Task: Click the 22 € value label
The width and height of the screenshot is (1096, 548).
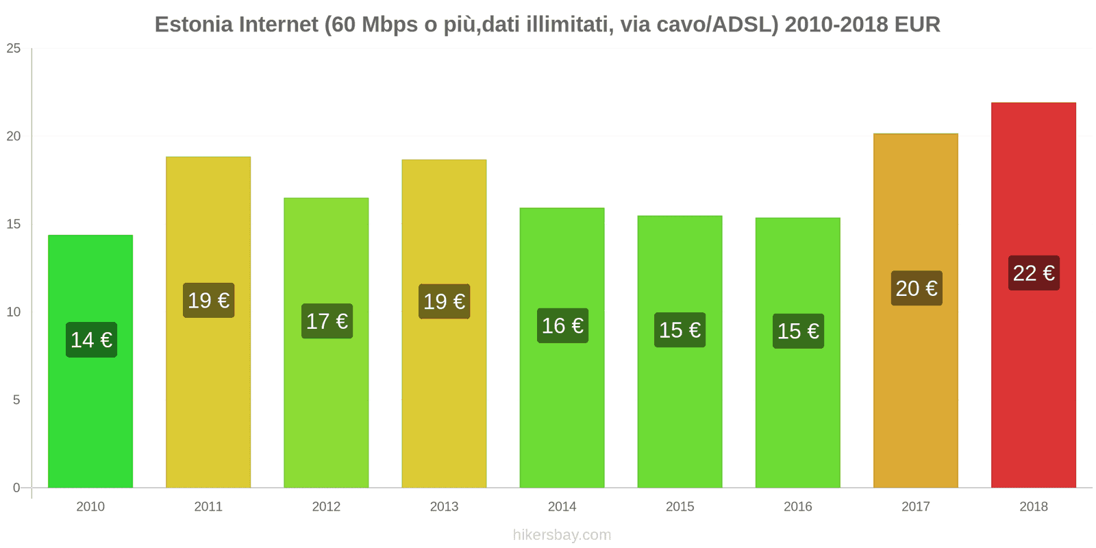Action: coord(1034,273)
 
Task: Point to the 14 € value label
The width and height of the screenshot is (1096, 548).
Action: coord(91,340)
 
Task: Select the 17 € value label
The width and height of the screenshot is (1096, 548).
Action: coord(327,321)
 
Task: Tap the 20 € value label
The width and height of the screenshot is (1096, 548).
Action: coord(916,288)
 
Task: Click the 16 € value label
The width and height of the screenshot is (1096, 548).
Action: coord(562,325)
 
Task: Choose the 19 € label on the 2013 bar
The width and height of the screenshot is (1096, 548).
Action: coord(444,301)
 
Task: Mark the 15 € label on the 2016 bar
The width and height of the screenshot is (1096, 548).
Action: coord(798,332)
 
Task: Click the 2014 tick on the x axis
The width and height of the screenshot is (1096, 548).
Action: coord(562,506)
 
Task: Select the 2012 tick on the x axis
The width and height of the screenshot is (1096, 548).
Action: coord(326,506)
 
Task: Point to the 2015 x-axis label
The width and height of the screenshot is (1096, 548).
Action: coord(680,506)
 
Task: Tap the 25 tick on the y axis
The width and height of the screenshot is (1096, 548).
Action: coord(14,49)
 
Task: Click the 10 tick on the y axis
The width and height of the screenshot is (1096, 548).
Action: coord(14,312)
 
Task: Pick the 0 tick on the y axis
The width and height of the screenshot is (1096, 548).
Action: coord(16,488)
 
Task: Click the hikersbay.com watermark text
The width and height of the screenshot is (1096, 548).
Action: coord(562,535)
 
